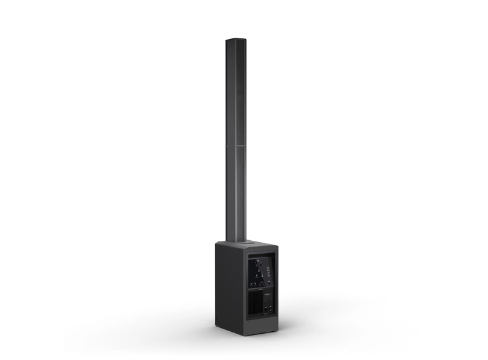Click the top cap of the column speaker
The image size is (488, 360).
click(x=235, y=40)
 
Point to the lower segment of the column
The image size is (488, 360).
click(x=235, y=192)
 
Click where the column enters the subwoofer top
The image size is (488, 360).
click(x=235, y=241)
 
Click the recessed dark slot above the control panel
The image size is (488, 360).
click(x=262, y=256)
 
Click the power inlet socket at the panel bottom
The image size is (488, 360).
click(x=266, y=310)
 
